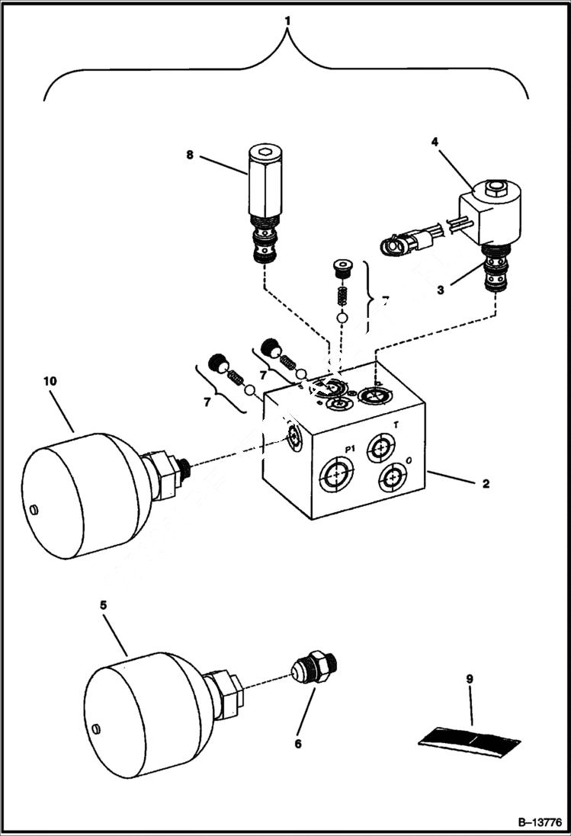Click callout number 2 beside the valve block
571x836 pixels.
[x=486, y=483]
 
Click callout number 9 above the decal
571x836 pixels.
[x=470, y=679]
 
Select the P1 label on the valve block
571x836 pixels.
[x=351, y=450]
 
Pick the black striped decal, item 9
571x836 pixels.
[x=470, y=738]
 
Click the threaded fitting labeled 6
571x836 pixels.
[x=314, y=671]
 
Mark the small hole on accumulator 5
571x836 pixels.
[x=96, y=729]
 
